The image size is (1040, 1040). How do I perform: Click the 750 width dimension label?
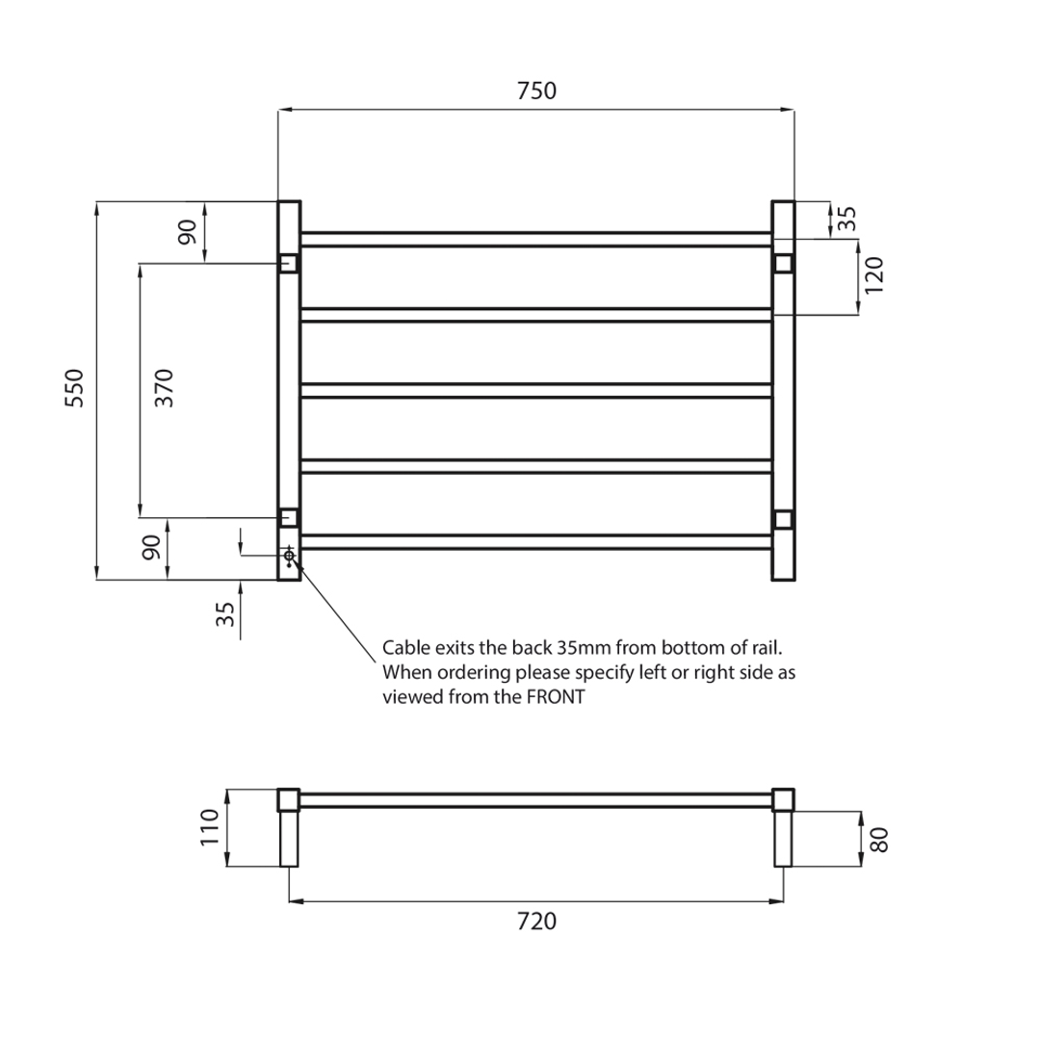(x=536, y=91)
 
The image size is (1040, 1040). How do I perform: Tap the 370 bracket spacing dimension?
(x=164, y=387)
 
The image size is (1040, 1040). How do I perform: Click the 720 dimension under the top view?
(x=536, y=922)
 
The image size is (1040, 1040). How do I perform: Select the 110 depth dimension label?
(x=210, y=827)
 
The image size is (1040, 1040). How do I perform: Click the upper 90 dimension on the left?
(x=187, y=231)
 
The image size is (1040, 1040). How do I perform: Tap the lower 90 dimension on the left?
(x=151, y=548)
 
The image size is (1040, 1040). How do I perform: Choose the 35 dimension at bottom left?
(x=225, y=614)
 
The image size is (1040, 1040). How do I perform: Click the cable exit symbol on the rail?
(x=289, y=556)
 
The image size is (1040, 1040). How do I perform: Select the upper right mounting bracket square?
(x=783, y=263)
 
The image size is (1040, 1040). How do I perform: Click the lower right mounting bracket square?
(x=783, y=520)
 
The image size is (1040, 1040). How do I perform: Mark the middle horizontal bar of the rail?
(x=536, y=391)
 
